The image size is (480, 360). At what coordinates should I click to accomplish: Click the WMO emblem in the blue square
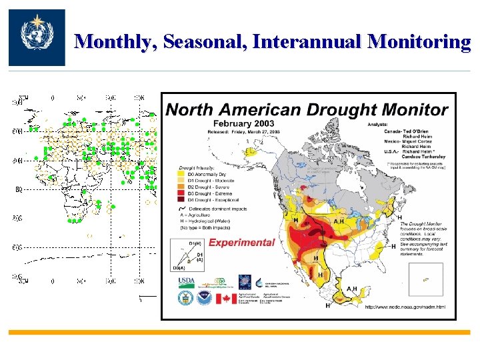point(37,37)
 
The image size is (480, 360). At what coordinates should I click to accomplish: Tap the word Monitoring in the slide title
point(420,42)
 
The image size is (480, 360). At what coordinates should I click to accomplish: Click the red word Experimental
point(241,243)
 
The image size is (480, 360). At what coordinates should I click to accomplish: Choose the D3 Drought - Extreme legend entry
point(209,194)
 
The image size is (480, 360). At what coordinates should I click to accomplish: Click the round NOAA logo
point(203,297)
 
